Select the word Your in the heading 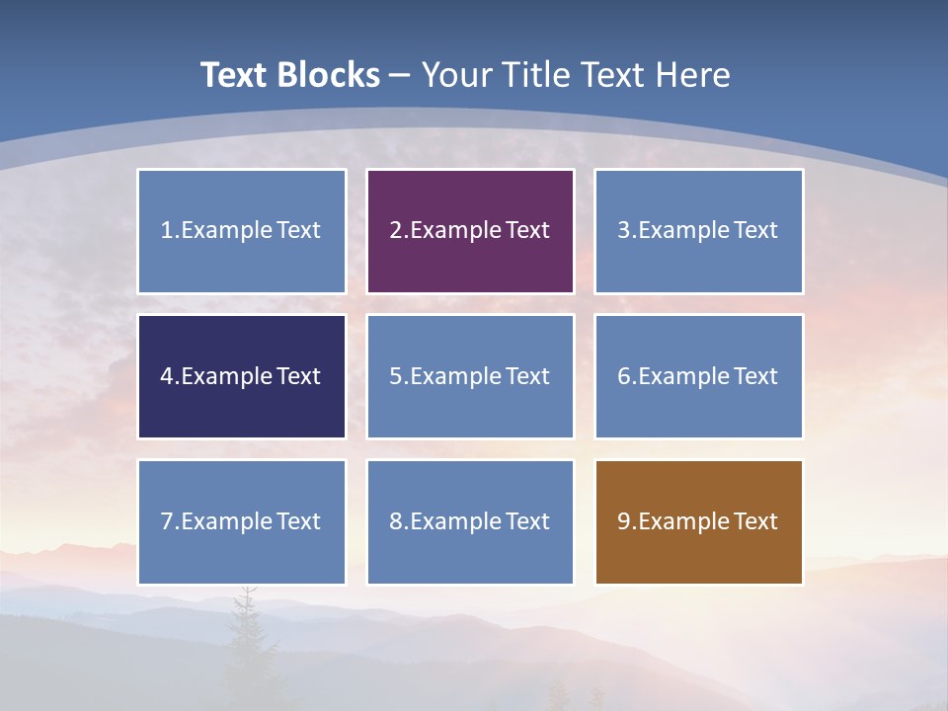click(457, 75)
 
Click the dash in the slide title click(400, 76)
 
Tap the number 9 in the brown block click(624, 521)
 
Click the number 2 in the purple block click(395, 230)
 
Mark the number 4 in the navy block click(167, 376)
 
